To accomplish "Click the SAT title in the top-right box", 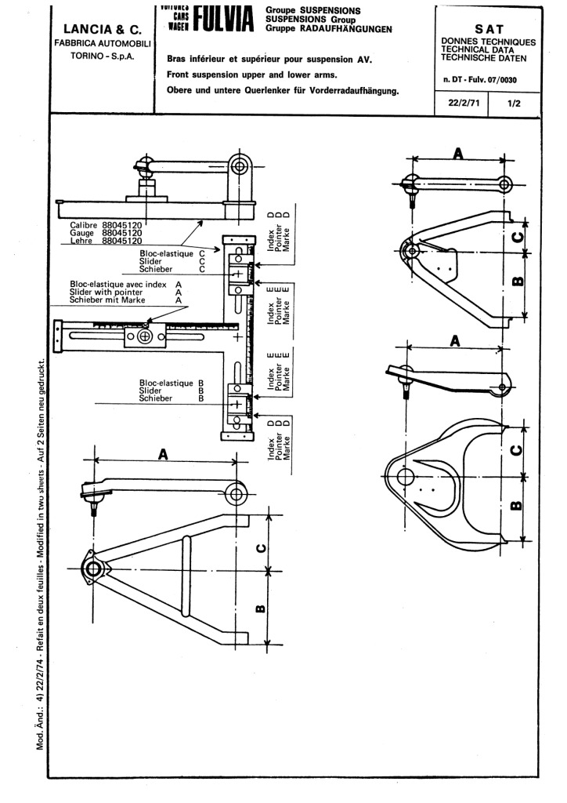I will pos(489,28).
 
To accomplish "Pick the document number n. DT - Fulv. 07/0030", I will pos(489,79).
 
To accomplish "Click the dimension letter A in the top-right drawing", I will pos(457,153).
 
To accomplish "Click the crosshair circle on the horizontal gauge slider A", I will pos(144,337).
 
